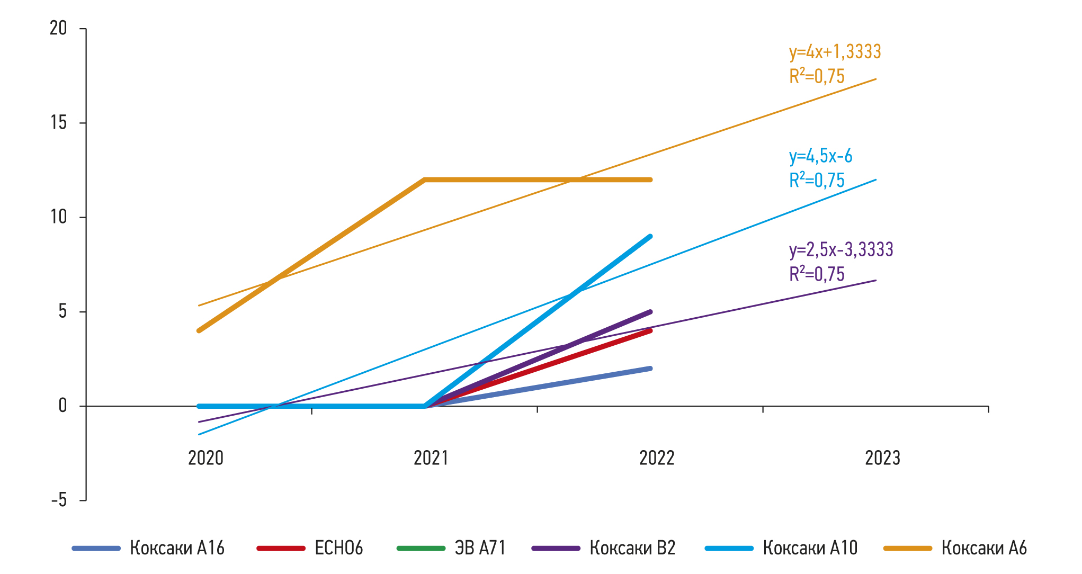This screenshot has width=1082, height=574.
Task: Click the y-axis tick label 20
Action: pyautogui.click(x=58, y=28)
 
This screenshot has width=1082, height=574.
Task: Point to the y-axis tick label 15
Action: pyautogui.click(x=58, y=123)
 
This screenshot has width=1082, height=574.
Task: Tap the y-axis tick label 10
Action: pyautogui.click(x=58, y=217)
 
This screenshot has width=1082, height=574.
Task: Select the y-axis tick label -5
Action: pyautogui.click(x=58, y=500)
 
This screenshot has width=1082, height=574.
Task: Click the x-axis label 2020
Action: pyautogui.click(x=205, y=458)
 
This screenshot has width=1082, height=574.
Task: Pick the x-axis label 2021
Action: pyautogui.click(x=431, y=458)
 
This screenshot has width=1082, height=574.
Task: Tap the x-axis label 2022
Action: pyautogui.click(x=657, y=458)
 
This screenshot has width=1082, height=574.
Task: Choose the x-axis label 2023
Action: pyautogui.click(x=882, y=458)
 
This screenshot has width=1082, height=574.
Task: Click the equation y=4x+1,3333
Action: pyautogui.click(x=835, y=52)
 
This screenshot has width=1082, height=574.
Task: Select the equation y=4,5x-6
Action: pyautogui.click(x=820, y=156)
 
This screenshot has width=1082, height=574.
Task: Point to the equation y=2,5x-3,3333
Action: pyautogui.click(x=841, y=249)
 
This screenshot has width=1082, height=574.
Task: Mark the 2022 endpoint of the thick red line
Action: pyautogui.click(x=650, y=331)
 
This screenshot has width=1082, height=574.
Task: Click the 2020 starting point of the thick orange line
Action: pyautogui.click(x=199, y=330)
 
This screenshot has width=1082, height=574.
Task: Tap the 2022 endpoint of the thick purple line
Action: pyautogui.click(x=650, y=312)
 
